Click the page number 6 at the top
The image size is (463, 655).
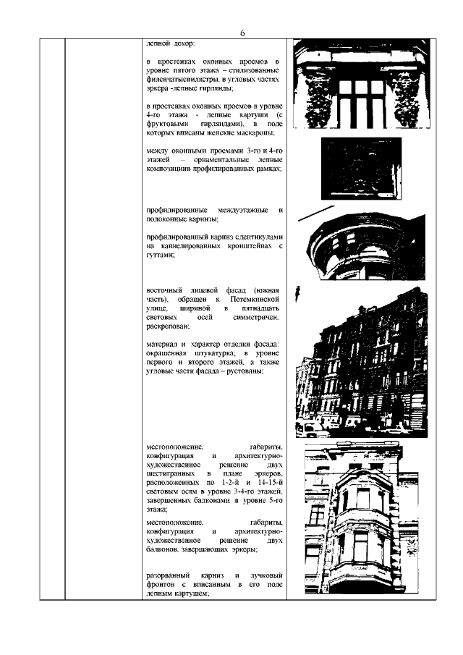coord(242,33)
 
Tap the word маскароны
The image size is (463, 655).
coord(260,133)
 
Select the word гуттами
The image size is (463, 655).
coord(160,255)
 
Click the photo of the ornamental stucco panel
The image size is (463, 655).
coord(361,167)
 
